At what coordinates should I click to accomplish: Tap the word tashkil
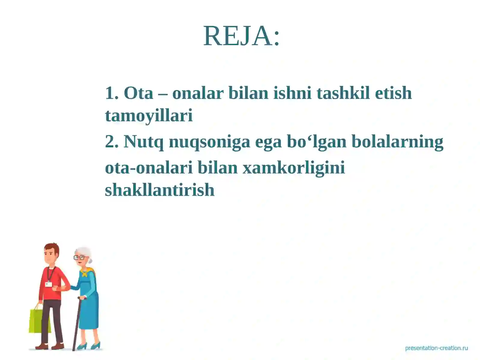[x=343, y=93]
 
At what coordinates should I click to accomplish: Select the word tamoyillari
[x=148, y=115]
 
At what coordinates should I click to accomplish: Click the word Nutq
[x=143, y=142]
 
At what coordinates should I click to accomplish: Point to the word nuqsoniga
[x=209, y=142]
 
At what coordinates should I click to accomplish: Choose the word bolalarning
[x=397, y=142]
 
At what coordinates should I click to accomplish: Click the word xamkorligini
[x=294, y=167]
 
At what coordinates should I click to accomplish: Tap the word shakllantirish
[x=160, y=190]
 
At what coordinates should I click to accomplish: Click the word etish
[x=393, y=93]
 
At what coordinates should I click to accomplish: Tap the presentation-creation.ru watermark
[x=436, y=348]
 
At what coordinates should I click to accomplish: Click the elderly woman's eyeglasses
[x=80, y=257]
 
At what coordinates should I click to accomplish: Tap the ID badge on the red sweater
[x=48, y=284]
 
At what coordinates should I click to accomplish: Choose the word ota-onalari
[x=148, y=167]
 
